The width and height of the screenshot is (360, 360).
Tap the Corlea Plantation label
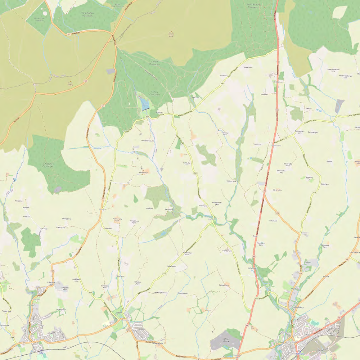(155, 63)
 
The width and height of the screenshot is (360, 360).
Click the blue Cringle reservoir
(145, 105)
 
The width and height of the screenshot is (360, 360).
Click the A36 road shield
(86, 81)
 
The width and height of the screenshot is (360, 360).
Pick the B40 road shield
(165, 274)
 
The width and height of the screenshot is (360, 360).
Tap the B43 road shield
(91, 292)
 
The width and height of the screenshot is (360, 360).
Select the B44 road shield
(12, 337)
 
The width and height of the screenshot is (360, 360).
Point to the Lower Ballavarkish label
(160, 293)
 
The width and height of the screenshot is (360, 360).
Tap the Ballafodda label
(309, 177)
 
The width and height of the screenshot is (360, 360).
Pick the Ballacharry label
(324, 184)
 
